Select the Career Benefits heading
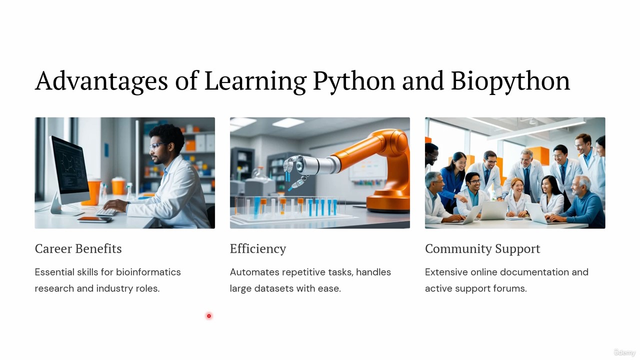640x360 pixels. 78,248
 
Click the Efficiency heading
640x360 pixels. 258,249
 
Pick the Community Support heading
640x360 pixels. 482,249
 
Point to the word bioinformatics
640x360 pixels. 148,272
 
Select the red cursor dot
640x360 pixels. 209,316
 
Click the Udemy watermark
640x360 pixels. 624,352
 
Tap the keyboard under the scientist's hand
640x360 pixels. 106,211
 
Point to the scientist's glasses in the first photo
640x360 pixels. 157,146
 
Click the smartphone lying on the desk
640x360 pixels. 94,219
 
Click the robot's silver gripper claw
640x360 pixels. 293,171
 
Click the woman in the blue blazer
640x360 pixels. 453,180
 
